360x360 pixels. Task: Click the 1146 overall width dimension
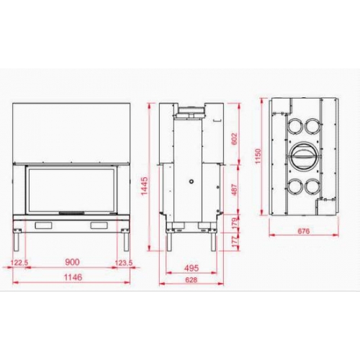click(x=71, y=276)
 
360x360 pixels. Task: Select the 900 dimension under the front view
click(x=71, y=262)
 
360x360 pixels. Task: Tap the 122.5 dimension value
click(x=19, y=262)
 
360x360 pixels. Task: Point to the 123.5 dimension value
click(x=124, y=262)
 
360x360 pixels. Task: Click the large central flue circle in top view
click(x=302, y=155)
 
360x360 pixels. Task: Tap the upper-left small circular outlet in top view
click(x=294, y=126)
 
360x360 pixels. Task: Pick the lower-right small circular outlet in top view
click(x=312, y=185)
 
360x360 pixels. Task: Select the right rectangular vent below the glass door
click(x=99, y=226)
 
